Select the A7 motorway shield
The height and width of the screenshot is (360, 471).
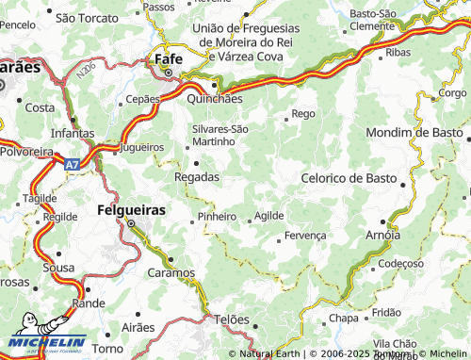click(x=73, y=164)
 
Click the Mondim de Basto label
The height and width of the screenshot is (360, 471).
click(x=414, y=133)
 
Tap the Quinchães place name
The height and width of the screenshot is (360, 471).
click(x=215, y=97)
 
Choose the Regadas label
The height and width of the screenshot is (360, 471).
click(x=197, y=176)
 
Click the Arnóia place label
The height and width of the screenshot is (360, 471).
click(x=382, y=235)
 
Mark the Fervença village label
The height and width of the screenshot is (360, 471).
click(x=304, y=235)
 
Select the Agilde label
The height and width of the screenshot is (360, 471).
click(x=268, y=216)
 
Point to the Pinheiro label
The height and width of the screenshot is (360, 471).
click(x=217, y=217)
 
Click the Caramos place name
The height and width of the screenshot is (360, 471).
click(x=171, y=273)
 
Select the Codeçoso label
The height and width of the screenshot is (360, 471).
click(x=402, y=264)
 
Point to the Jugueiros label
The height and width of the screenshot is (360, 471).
click(x=142, y=148)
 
